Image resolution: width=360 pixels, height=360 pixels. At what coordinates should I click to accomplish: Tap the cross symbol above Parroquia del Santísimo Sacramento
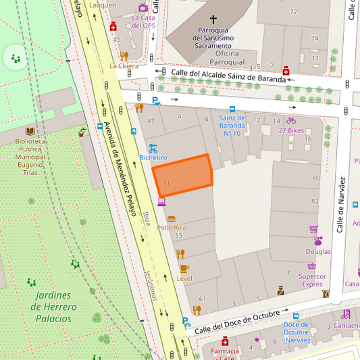click(x=213, y=20)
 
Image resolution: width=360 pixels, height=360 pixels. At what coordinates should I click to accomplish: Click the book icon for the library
click(x=30, y=131)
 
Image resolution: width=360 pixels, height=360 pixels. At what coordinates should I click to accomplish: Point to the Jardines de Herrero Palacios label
click(x=53, y=307)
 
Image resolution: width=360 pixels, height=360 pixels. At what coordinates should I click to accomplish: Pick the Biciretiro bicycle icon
click(x=153, y=147)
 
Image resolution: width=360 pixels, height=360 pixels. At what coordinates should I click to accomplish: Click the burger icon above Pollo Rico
click(x=172, y=219)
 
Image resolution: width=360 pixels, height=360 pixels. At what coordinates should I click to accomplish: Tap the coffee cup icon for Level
click(x=184, y=268)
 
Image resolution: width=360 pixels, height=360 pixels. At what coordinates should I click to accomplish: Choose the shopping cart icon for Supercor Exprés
click(x=313, y=266)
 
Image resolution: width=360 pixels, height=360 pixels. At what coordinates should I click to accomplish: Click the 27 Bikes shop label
click(x=291, y=130)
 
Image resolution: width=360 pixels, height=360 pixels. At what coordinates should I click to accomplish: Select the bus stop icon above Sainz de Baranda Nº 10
click(x=232, y=108)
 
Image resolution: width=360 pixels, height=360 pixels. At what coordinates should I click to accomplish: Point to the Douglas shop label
click(x=318, y=251)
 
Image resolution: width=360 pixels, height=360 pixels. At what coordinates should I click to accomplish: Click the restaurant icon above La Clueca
click(x=124, y=55)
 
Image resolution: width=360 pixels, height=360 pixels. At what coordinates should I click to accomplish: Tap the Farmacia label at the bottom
click(x=225, y=351)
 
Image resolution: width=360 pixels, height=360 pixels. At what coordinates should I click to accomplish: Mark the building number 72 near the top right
click(x=293, y=11)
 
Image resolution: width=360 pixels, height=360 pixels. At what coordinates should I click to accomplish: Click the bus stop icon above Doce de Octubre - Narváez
click(x=295, y=315)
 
